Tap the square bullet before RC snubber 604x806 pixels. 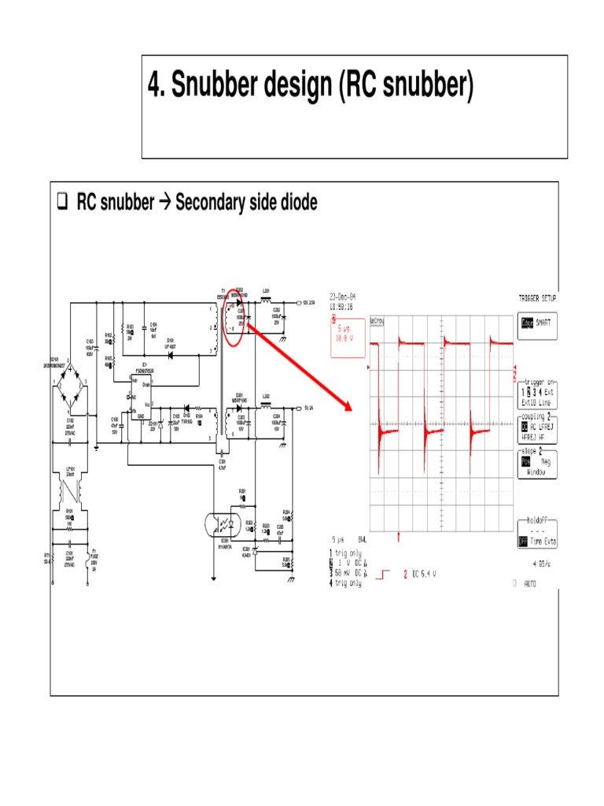click(62, 204)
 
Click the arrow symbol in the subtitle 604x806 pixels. click(164, 204)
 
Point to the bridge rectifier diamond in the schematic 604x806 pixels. click(71, 383)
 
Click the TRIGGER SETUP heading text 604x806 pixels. click(538, 299)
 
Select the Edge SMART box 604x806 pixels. click(538, 325)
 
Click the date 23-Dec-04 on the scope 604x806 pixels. click(344, 299)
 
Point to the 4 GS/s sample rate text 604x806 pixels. click(541, 564)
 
